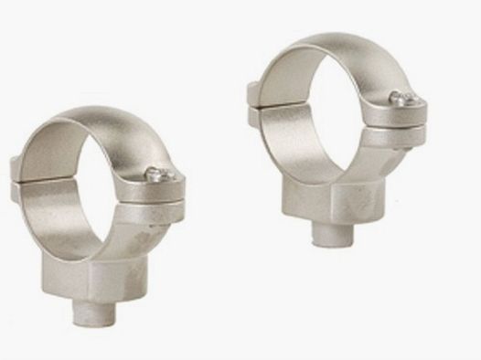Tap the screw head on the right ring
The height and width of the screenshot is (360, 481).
tap(395, 97)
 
